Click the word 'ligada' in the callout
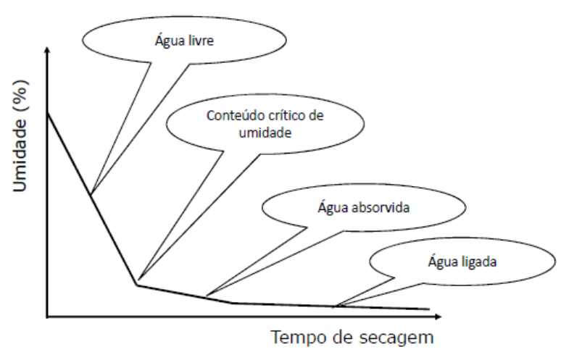(479, 259)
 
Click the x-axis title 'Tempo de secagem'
(354, 338)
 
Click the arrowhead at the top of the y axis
(48, 50)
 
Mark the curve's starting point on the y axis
(48, 113)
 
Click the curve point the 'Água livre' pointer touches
(91, 194)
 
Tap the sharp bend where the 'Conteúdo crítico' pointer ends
(136, 284)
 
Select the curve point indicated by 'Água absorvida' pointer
(207, 296)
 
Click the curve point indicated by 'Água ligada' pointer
(335, 306)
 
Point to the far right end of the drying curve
(428, 309)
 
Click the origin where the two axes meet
(48, 317)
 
